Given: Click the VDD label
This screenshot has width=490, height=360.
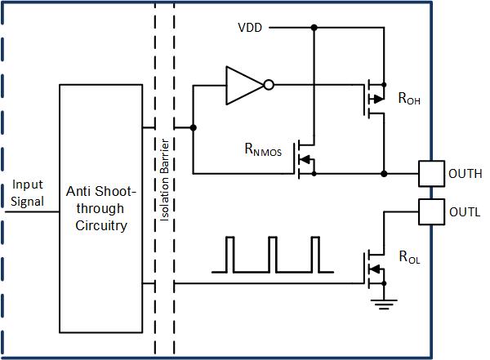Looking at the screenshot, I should pos(251,28).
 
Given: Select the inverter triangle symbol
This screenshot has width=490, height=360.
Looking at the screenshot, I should pos(244,83).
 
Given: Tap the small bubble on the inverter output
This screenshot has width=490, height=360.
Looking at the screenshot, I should pos(269,83).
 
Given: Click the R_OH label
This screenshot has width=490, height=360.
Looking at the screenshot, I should pos(409,99).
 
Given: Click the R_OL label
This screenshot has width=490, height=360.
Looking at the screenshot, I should pos(409,259).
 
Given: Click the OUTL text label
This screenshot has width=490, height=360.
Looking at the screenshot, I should pos(465,211).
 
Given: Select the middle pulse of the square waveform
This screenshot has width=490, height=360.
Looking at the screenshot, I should pos(273,254).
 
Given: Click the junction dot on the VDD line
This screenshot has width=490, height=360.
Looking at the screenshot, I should pos(314,28).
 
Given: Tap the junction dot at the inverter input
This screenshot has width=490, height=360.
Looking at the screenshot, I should pos(193,127).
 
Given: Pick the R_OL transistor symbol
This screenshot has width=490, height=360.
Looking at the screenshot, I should pos(374,268).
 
